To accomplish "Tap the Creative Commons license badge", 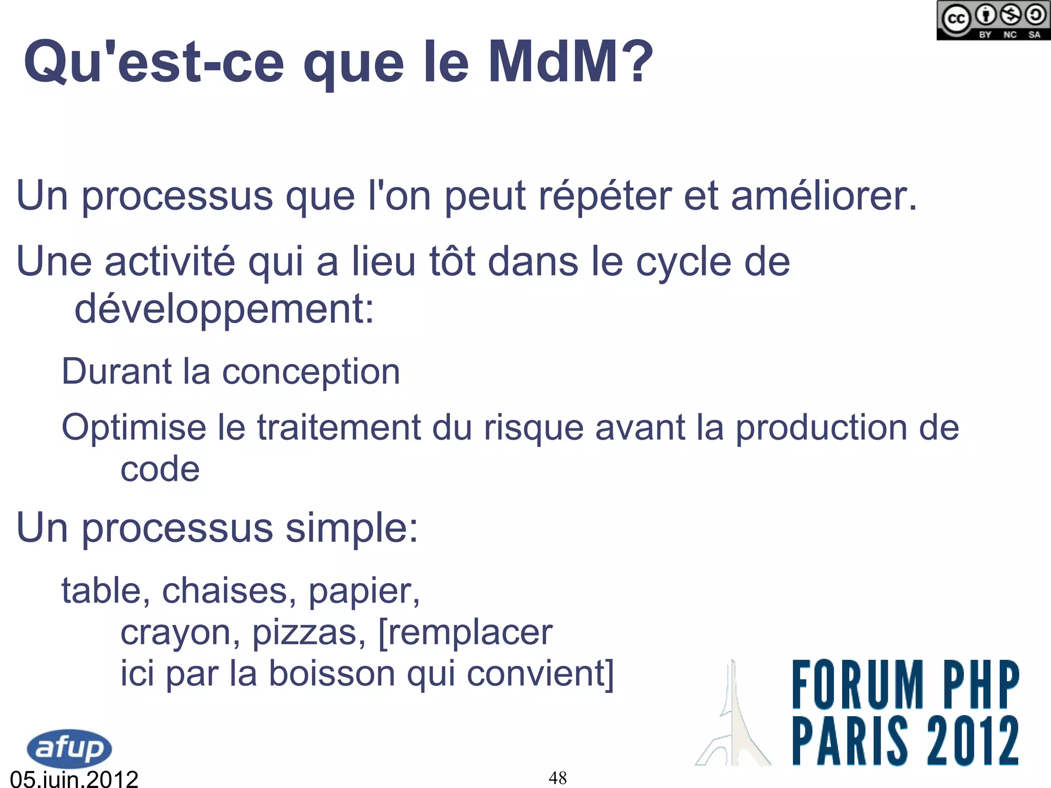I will coord(993,21).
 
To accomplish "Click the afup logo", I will coord(69,748).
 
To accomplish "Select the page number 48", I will coord(558,778).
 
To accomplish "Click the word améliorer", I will coord(823,196).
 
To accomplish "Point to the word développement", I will coord(224,309).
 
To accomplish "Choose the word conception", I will coord(310,371).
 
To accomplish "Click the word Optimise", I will coord(133,427).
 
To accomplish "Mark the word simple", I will coord(352,528).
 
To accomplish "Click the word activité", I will coord(170,262).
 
